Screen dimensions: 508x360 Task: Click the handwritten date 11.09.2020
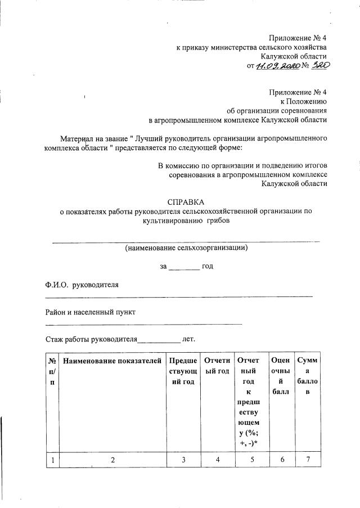click(x=277, y=66)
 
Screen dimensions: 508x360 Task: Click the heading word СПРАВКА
click(x=186, y=201)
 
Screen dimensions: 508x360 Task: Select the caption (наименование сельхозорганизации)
click(x=186, y=247)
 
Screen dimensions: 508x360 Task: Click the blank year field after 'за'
click(x=184, y=266)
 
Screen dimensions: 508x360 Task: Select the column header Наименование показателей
click(x=112, y=361)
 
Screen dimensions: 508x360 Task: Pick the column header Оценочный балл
click(x=280, y=376)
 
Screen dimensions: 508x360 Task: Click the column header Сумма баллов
click(x=307, y=376)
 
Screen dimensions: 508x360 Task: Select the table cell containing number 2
click(x=112, y=460)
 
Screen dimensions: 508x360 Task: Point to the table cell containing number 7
click(x=307, y=460)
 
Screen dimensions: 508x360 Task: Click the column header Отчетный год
click(x=217, y=366)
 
